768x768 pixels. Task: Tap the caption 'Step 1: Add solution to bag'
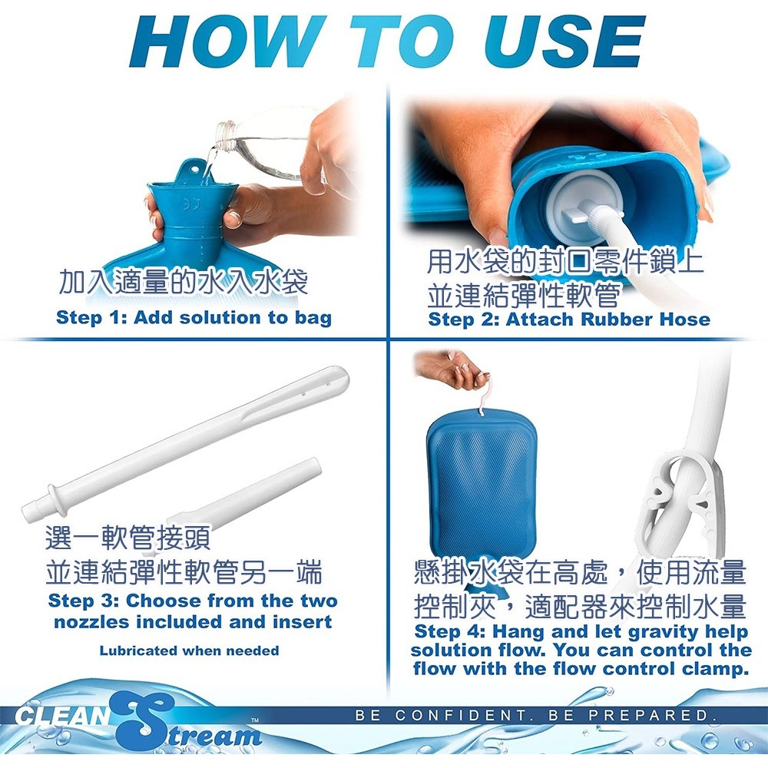194,318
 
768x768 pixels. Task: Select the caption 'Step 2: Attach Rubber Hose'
569,319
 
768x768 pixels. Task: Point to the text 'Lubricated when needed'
189,650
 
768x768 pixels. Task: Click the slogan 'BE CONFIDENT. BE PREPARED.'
535,716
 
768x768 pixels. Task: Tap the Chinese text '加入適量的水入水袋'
184,283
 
